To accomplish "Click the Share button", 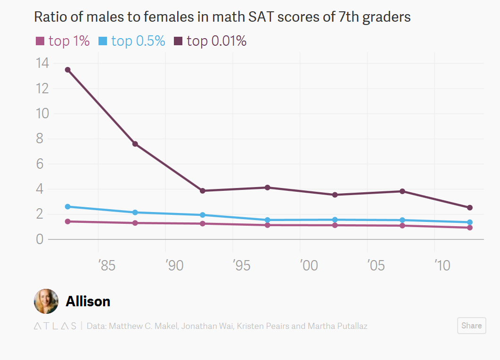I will coord(471,326).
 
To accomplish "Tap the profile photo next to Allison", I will coord(46,302).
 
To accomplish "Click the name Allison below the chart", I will coord(88,302).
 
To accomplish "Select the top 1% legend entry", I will coord(63,41).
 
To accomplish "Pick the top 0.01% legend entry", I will coord(211,41).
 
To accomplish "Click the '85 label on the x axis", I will coord(107,266).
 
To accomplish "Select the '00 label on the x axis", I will coord(309,266).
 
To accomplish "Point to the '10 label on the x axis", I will coord(443,266).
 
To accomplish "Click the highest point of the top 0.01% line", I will coord(68,70).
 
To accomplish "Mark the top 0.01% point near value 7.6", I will coord(135,144).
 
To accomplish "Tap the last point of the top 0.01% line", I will coord(470,208).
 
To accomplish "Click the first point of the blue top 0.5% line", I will coord(68,206).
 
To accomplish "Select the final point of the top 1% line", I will coord(470,228).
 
